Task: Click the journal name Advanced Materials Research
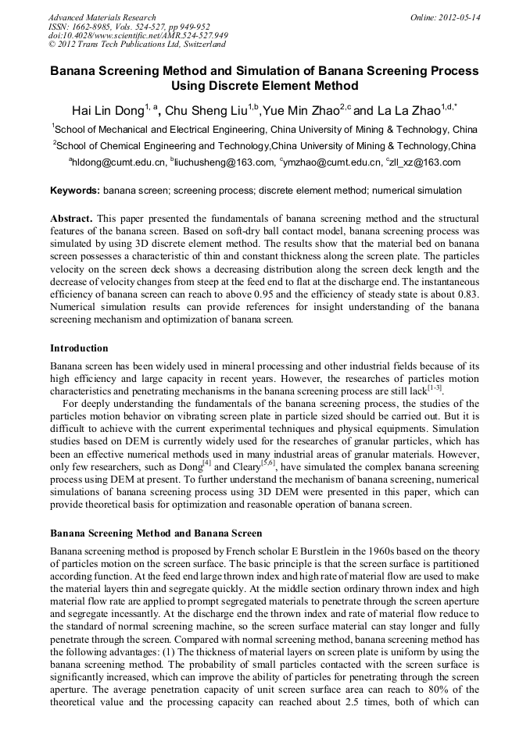click(x=102, y=17)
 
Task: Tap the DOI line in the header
click(x=138, y=35)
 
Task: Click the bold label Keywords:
click(x=75, y=191)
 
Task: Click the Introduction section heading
click(x=79, y=348)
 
